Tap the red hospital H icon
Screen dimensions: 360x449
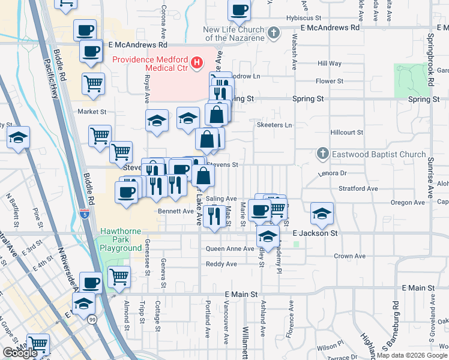pos(196,62)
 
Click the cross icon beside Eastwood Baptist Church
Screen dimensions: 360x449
pos(322,154)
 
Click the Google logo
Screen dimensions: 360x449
pos(19,353)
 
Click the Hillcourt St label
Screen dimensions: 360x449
pos(347,132)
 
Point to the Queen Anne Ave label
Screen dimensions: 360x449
pos(230,248)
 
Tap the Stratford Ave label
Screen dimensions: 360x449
pos(358,188)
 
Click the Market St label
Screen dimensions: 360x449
pos(92,112)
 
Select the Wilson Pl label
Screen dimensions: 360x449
pos(330,347)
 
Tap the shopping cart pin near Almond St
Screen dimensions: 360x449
pos(119,277)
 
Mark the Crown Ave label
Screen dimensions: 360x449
pos(350,256)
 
